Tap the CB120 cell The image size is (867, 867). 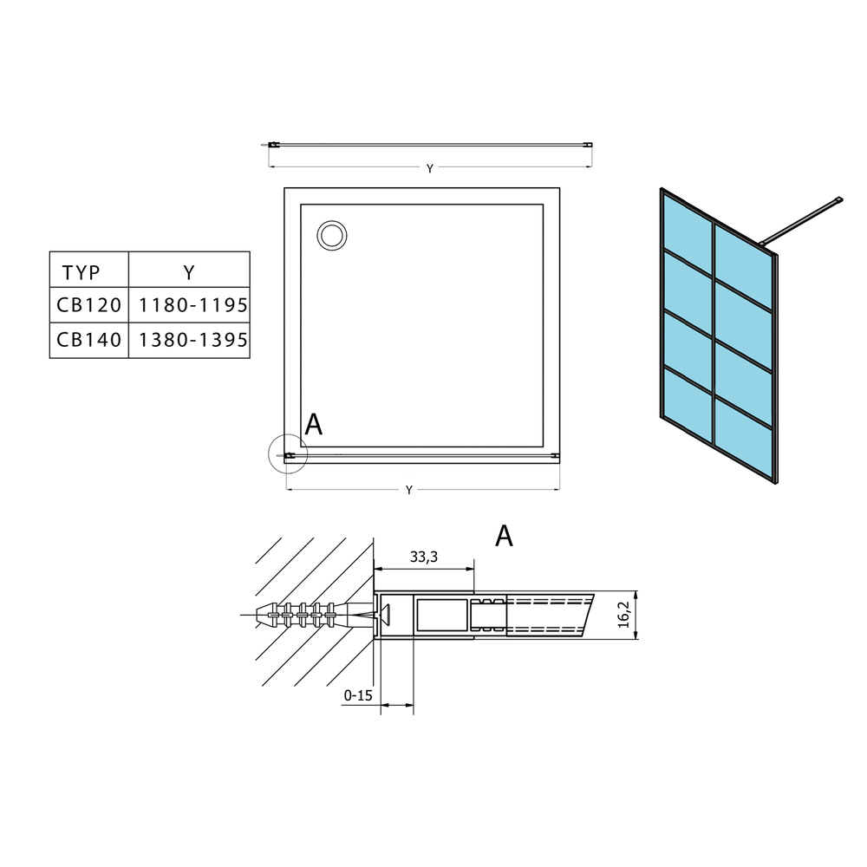pos(89,304)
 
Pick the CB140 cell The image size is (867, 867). pos(89,340)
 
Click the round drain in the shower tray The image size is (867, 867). pos(332,236)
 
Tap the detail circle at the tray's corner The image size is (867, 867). pos(288,454)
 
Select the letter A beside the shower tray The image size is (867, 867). pos(314,424)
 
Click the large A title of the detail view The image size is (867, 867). pos(504,535)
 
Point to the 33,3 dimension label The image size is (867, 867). pos(424,557)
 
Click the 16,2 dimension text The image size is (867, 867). pos(623,615)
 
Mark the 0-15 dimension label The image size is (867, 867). pos(358,695)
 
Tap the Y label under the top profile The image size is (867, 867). pos(430,169)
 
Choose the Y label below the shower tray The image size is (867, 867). pos(408,490)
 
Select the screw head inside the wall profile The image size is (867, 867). pos(386,615)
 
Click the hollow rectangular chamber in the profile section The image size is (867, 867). pos(441,615)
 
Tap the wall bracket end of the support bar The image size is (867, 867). pos(838,200)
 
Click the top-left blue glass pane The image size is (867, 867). pos(688,232)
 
